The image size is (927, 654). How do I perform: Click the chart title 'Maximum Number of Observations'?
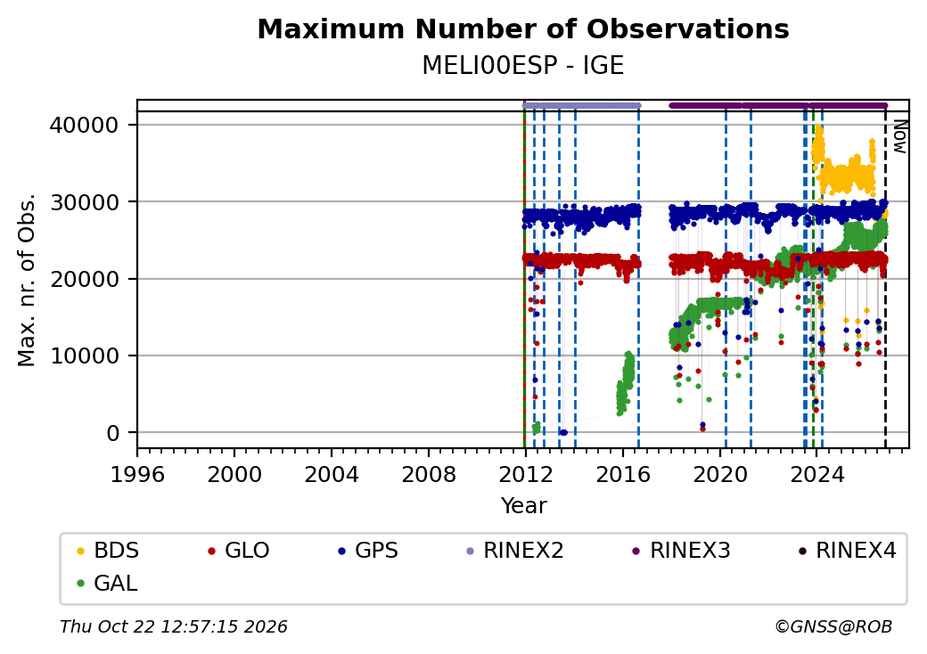pyautogui.click(x=523, y=29)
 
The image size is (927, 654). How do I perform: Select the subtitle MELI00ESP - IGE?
pyautogui.click(x=523, y=66)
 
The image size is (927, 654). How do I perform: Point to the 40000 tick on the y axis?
pyautogui.click(x=84, y=126)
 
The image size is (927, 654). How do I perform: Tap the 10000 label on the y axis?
pyautogui.click(x=84, y=356)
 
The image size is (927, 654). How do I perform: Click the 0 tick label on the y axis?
pyautogui.click(x=112, y=433)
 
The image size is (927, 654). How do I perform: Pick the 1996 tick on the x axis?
pyautogui.click(x=137, y=474)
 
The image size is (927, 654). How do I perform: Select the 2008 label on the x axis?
pyautogui.click(x=429, y=474)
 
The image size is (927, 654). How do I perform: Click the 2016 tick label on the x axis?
pyautogui.click(x=623, y=474)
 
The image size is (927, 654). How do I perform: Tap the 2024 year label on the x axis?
pyautogui.click(x=817, y=474)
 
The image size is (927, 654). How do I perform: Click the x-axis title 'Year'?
pyautogui.click(x=524, y=506)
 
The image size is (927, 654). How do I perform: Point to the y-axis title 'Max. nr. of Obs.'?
pyautogui.click(x=27, y=280)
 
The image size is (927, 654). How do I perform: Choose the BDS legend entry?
pyautogui.click(x=109, y=551)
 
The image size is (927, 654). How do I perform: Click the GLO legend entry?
pyautogui.click(x=240, y=551)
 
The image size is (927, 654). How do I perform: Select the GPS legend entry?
pyautogui.click(x=368, y=551)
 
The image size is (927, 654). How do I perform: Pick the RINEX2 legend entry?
pyautogui.click(x=515, y=551)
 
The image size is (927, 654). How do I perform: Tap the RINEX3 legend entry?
pyautogui.click(x=682, y=551)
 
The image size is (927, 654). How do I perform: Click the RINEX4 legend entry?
pyautogui.click(x=848, y=551)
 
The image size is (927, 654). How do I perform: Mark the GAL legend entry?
pyautogui.click(x=108, y=584)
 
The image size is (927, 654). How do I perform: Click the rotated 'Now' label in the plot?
pyautogui.click(x=900, y=136)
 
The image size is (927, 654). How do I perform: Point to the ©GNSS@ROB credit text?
pyautogui.click(x=833, y=626)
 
